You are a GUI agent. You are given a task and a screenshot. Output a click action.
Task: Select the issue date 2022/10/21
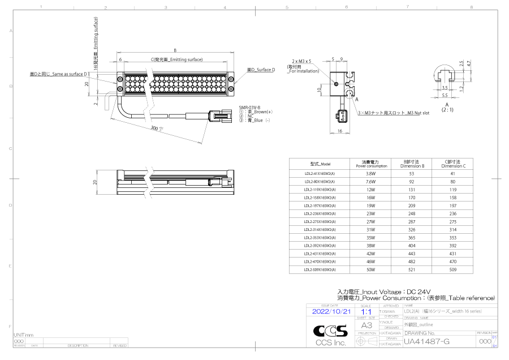click(x=331, y=311)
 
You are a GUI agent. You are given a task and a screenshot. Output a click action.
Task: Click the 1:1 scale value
click(x=366, y=311)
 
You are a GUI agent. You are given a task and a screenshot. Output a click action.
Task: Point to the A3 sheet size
click(x=366, y=325)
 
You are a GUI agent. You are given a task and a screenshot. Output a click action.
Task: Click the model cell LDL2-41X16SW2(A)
click(x=320, y=174)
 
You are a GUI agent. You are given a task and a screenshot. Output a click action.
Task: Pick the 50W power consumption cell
click(x=371, y=270)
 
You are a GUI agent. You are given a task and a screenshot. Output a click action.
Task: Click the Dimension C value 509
click(x=454, y=270)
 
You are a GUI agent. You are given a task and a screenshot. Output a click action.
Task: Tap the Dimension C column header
click(x=454, y=164)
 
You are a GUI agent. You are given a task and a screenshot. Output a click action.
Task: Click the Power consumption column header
click(x=371, y=164)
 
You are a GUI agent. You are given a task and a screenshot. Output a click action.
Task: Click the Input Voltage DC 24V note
click(x=384, y=291)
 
